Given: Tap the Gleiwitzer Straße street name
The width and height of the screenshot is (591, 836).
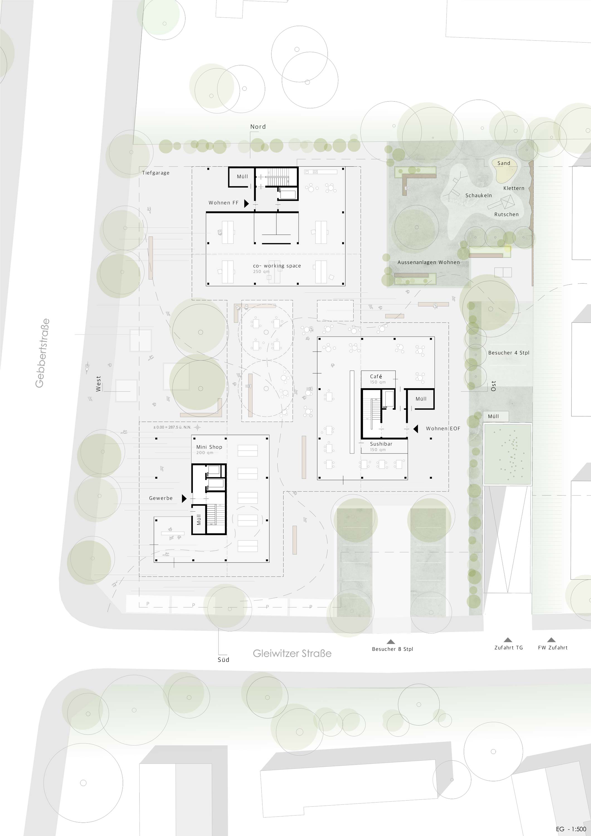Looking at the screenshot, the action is tap(292, 653).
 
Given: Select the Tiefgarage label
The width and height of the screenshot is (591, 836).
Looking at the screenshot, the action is tap(155, 173).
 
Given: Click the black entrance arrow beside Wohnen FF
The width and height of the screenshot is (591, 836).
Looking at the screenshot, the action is tap(246, 203).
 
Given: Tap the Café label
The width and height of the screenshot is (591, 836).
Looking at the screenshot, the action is tap(376, 376).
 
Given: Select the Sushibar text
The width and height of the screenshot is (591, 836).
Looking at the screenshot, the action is tap(381, 444).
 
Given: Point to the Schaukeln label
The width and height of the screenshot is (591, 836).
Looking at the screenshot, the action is tap(478, 196).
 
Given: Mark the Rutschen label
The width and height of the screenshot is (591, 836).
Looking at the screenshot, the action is tap(506, 215).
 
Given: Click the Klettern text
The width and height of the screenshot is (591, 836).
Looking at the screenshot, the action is tap(514, 188).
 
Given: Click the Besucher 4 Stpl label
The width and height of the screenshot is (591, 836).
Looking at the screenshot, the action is tap(509, 353).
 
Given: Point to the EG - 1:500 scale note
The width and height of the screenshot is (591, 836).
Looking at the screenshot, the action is tap(571, 829).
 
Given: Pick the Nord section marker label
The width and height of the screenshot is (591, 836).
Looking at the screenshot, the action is tap(258, 127).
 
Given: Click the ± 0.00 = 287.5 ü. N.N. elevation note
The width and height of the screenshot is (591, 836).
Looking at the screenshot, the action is tap(172, 427).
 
